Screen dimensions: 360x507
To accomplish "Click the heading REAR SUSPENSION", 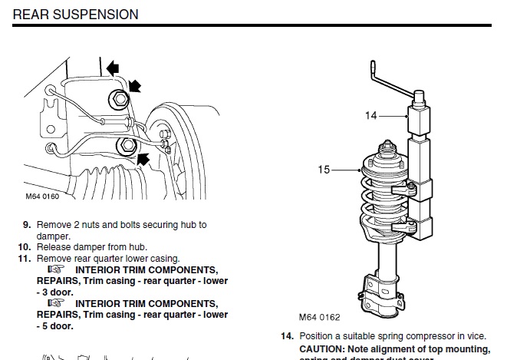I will coord(76,15).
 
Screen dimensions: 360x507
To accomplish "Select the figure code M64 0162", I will coord(319,317).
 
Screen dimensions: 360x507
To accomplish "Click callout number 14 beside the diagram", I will coord(371,116).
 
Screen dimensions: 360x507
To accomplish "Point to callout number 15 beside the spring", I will coord(324,169).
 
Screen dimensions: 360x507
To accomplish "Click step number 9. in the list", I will coord(26,225).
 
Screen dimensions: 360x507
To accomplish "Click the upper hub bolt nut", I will coord(118,97).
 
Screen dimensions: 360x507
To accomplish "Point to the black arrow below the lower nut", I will coord(140,159).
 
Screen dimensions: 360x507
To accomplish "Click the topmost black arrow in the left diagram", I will coord(114,69).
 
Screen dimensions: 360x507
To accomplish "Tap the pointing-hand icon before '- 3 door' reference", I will coord(55,270).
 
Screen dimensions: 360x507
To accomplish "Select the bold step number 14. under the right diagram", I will coord(286,336).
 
